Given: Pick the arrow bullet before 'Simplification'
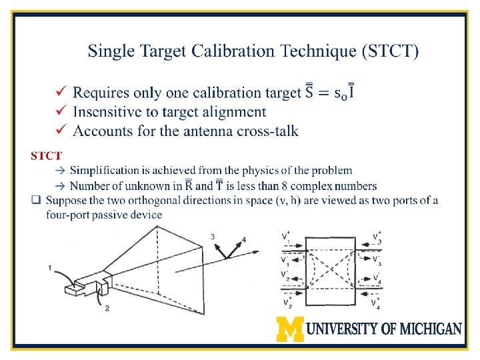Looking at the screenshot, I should click(x=59, y=171).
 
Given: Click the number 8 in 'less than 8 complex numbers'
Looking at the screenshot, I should click(x=295, y=186).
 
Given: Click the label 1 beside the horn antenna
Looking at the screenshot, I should click(x=50, y=268).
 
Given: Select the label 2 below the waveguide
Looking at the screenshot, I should click(x=106, y=308).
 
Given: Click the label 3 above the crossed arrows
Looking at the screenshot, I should click(x=212, y=236).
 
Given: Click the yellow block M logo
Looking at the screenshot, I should click(x=291, y=329).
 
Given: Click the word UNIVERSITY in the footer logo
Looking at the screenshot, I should click(x=345, y=329).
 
